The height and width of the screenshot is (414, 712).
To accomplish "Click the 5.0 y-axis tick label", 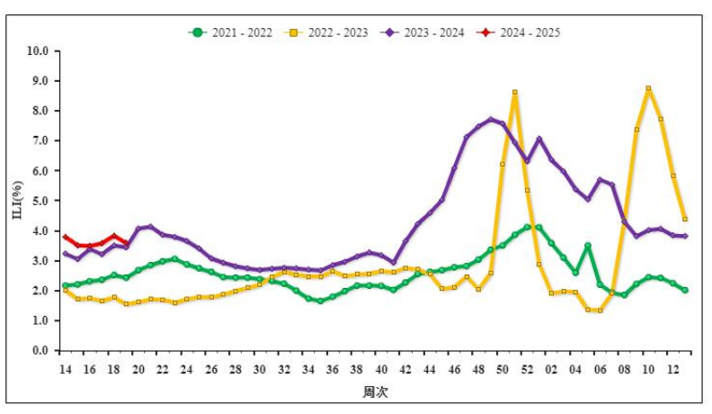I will coord(40,201).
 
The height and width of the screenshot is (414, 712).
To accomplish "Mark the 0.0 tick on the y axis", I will coord(40,351).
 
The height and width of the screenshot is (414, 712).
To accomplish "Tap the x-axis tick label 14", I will coord(65,369).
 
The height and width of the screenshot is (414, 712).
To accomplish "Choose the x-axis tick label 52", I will coord(527,369).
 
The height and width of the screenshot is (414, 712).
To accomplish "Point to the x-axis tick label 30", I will coord(260,369).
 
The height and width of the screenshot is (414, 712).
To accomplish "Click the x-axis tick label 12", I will coord(672,369).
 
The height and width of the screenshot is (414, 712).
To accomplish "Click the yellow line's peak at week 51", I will coord(514,92).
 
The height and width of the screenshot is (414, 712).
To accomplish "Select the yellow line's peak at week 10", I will coord(648,88).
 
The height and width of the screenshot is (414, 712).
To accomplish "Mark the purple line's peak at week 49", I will coord(490,119).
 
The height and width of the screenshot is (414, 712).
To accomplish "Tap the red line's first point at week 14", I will coord(65,237).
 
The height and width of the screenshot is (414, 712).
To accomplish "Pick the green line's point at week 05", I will coord(587,245).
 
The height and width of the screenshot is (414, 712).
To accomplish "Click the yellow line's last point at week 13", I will coord(685,219).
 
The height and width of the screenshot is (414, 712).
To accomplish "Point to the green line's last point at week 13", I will coord(685,290).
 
